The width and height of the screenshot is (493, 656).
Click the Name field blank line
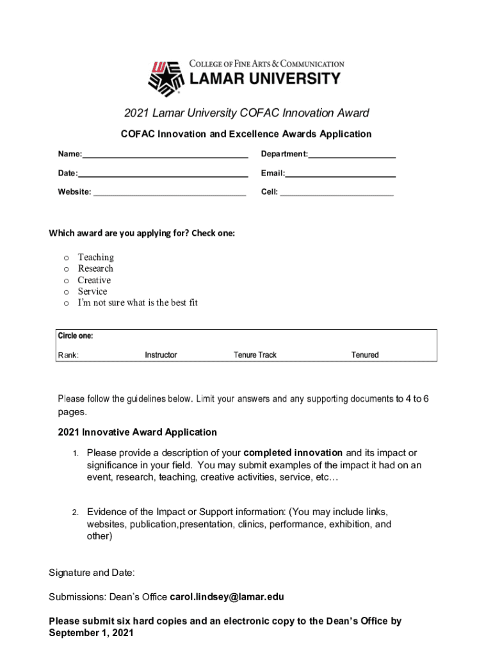tap(165, 156)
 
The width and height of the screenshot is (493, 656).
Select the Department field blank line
tap(352, 156)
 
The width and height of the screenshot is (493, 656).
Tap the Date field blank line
tap(163, 175)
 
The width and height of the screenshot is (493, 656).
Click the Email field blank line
tap(340, 175)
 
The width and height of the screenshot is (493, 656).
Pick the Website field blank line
tap(169, 193)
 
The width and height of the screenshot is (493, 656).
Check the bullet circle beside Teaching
tap(66, 258)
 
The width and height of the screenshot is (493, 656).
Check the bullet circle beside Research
tap(66, 269)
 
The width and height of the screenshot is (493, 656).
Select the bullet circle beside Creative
tap(66, 281)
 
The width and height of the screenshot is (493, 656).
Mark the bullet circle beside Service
tap(66, 291)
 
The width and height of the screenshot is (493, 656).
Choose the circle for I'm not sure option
tap(66, 303)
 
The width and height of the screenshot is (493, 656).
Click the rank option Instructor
tap(161, 355)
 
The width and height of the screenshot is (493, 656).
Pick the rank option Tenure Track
tap(255, 355)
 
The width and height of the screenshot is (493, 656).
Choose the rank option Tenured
tap(365, 355)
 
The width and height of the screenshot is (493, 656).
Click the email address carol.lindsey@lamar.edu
tap(227, 597)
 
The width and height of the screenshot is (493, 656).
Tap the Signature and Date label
tap(92, 572)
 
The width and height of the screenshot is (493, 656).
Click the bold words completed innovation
tap(293, 453)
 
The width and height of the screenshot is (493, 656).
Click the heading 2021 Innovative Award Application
tap(137, 432)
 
